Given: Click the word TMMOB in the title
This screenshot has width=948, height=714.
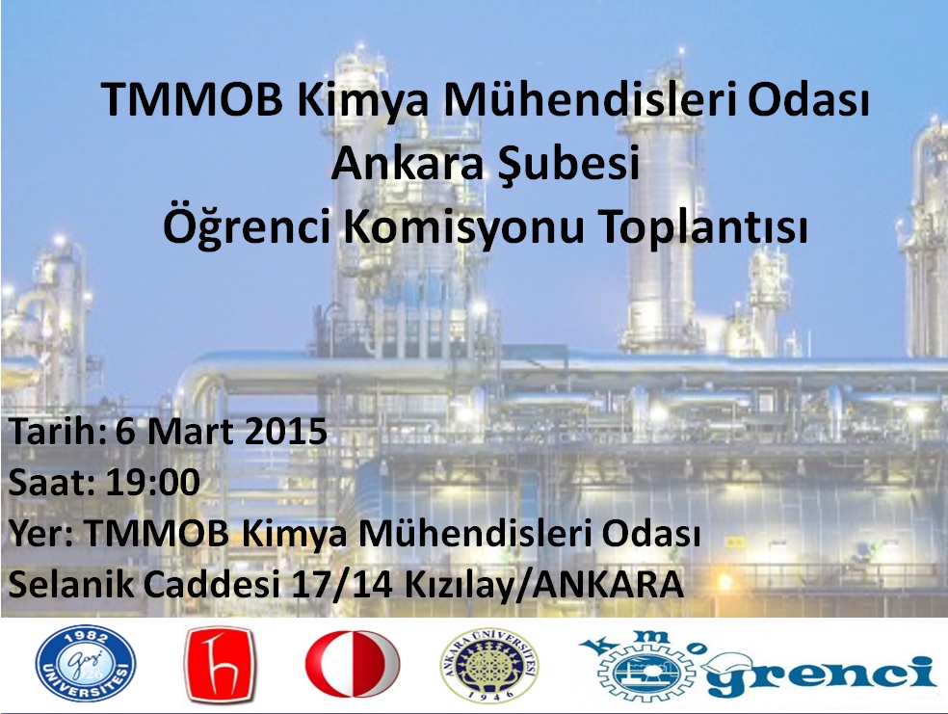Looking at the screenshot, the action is (192, 99).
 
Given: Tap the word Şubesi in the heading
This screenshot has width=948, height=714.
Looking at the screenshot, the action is (564, 165).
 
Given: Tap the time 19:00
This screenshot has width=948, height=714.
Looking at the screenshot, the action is (153, 483).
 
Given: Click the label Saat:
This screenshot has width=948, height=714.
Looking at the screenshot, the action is (52, 483).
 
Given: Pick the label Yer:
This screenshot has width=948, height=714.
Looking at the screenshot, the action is (41, 533).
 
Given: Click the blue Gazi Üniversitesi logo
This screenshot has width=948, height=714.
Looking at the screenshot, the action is (85, 664).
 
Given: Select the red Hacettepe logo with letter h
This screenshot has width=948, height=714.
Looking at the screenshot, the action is (219, 665).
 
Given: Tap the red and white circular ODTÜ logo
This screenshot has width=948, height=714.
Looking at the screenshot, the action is (353, 664).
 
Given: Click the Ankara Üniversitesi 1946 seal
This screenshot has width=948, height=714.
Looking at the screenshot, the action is (489, 665).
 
